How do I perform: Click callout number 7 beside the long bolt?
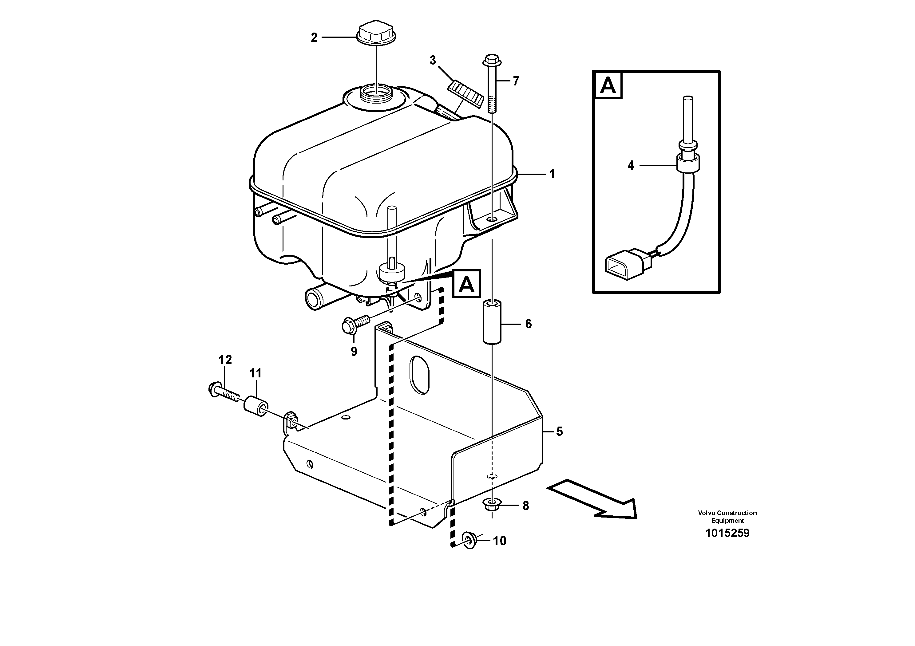pyautogui.click(x=516, y=81)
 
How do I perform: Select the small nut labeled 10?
pyautogui.click(x=469, y=541)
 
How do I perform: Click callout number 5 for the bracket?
pyautogui.click(x=559, y=431)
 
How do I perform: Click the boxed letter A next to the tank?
pyautogui.click(x=467, y=284)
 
